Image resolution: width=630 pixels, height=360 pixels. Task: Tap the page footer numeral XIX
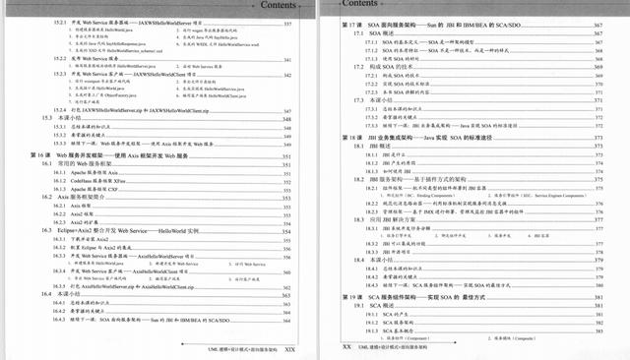290,347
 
